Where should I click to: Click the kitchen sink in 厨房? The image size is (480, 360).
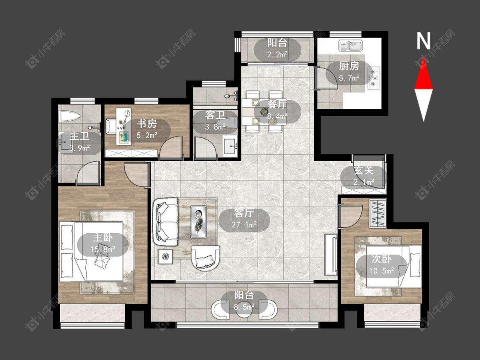click(x=351, y=46)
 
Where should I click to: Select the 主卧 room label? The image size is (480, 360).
click(x=102, y=238)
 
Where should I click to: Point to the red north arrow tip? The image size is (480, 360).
click(x=423, y=58)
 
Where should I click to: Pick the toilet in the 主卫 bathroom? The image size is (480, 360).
click(x=70, y=116)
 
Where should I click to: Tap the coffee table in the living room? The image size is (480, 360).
click(x=198, y=222)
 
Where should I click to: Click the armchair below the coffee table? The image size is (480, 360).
click(x=205, y=258)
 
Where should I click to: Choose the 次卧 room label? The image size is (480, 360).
click(x=381, y=259)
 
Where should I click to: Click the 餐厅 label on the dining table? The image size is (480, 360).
click(x=277, y=104)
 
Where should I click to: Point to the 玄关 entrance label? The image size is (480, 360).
click(x=364, y=170)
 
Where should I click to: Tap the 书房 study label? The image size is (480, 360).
click(x=147, y=124)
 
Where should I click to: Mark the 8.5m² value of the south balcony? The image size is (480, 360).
click(x=244, y=306)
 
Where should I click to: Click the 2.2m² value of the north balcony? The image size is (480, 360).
click(x=277, y=55)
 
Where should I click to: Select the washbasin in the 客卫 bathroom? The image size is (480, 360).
click(x=230, y=146)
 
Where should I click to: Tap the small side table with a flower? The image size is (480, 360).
click(x=165, y=256)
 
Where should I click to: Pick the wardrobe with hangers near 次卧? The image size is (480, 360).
click(x=378, y=213)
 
